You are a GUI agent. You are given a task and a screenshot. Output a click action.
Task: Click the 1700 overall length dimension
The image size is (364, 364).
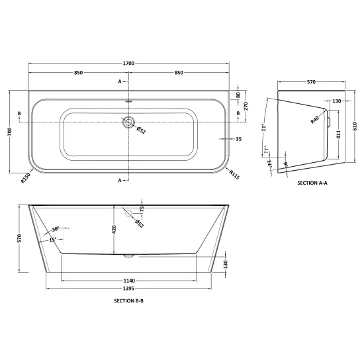click(x=128, y=63)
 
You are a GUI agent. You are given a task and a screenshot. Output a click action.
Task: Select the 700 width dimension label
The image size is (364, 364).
click(x=9, y=132)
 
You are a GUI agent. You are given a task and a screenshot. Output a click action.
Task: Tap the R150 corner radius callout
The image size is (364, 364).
click(x=26, y=178)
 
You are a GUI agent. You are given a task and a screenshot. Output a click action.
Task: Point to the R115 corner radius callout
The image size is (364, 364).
click(x=234, y=175)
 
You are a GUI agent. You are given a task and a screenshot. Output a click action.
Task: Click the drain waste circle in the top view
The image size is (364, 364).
click(x=128, y=122)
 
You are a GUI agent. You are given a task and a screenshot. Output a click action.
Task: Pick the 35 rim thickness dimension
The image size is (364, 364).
click(x=239, y=139)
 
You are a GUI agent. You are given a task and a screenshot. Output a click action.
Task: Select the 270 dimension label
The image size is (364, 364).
click(x=246, y=106)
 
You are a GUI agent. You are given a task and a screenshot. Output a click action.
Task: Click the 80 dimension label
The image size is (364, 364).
click(x=238, y=95)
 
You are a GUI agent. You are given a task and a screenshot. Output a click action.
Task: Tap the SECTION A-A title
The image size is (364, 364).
click(x=312, y=183)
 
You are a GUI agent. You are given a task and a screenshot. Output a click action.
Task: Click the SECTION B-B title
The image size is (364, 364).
click(x=128, y=300)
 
